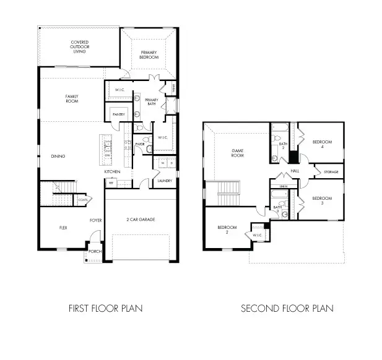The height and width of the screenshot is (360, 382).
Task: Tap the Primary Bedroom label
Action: click(x=149, y=54)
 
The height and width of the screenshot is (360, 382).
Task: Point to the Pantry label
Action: click(x=119, y=114)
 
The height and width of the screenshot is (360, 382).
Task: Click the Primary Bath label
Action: click(x=152, y=102)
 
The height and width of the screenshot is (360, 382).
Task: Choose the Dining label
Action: click(x=59, y=156)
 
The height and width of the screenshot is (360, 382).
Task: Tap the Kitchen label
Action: click(x=111, y=171)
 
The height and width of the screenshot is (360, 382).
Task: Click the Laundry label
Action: click(x=164, y=181)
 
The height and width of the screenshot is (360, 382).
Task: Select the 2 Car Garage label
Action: click(x=141, y=220)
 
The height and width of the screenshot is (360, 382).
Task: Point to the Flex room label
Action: click(x=63, y=228)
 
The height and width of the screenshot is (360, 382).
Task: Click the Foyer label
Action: click(x=95, y=220)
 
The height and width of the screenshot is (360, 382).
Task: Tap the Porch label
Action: click(x=95, y=252)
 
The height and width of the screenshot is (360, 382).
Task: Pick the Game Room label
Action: click(x=238, y=153)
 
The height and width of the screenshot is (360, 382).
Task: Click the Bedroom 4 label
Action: click(x=322, y=144)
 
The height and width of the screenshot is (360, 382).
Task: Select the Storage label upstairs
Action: click(x=329, y=171)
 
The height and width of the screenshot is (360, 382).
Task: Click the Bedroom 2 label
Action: click(x=227, y=229)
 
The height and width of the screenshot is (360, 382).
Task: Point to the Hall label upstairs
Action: click(x=295, y=171)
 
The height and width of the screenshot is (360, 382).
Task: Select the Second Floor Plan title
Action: click(x=287, y=308)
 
